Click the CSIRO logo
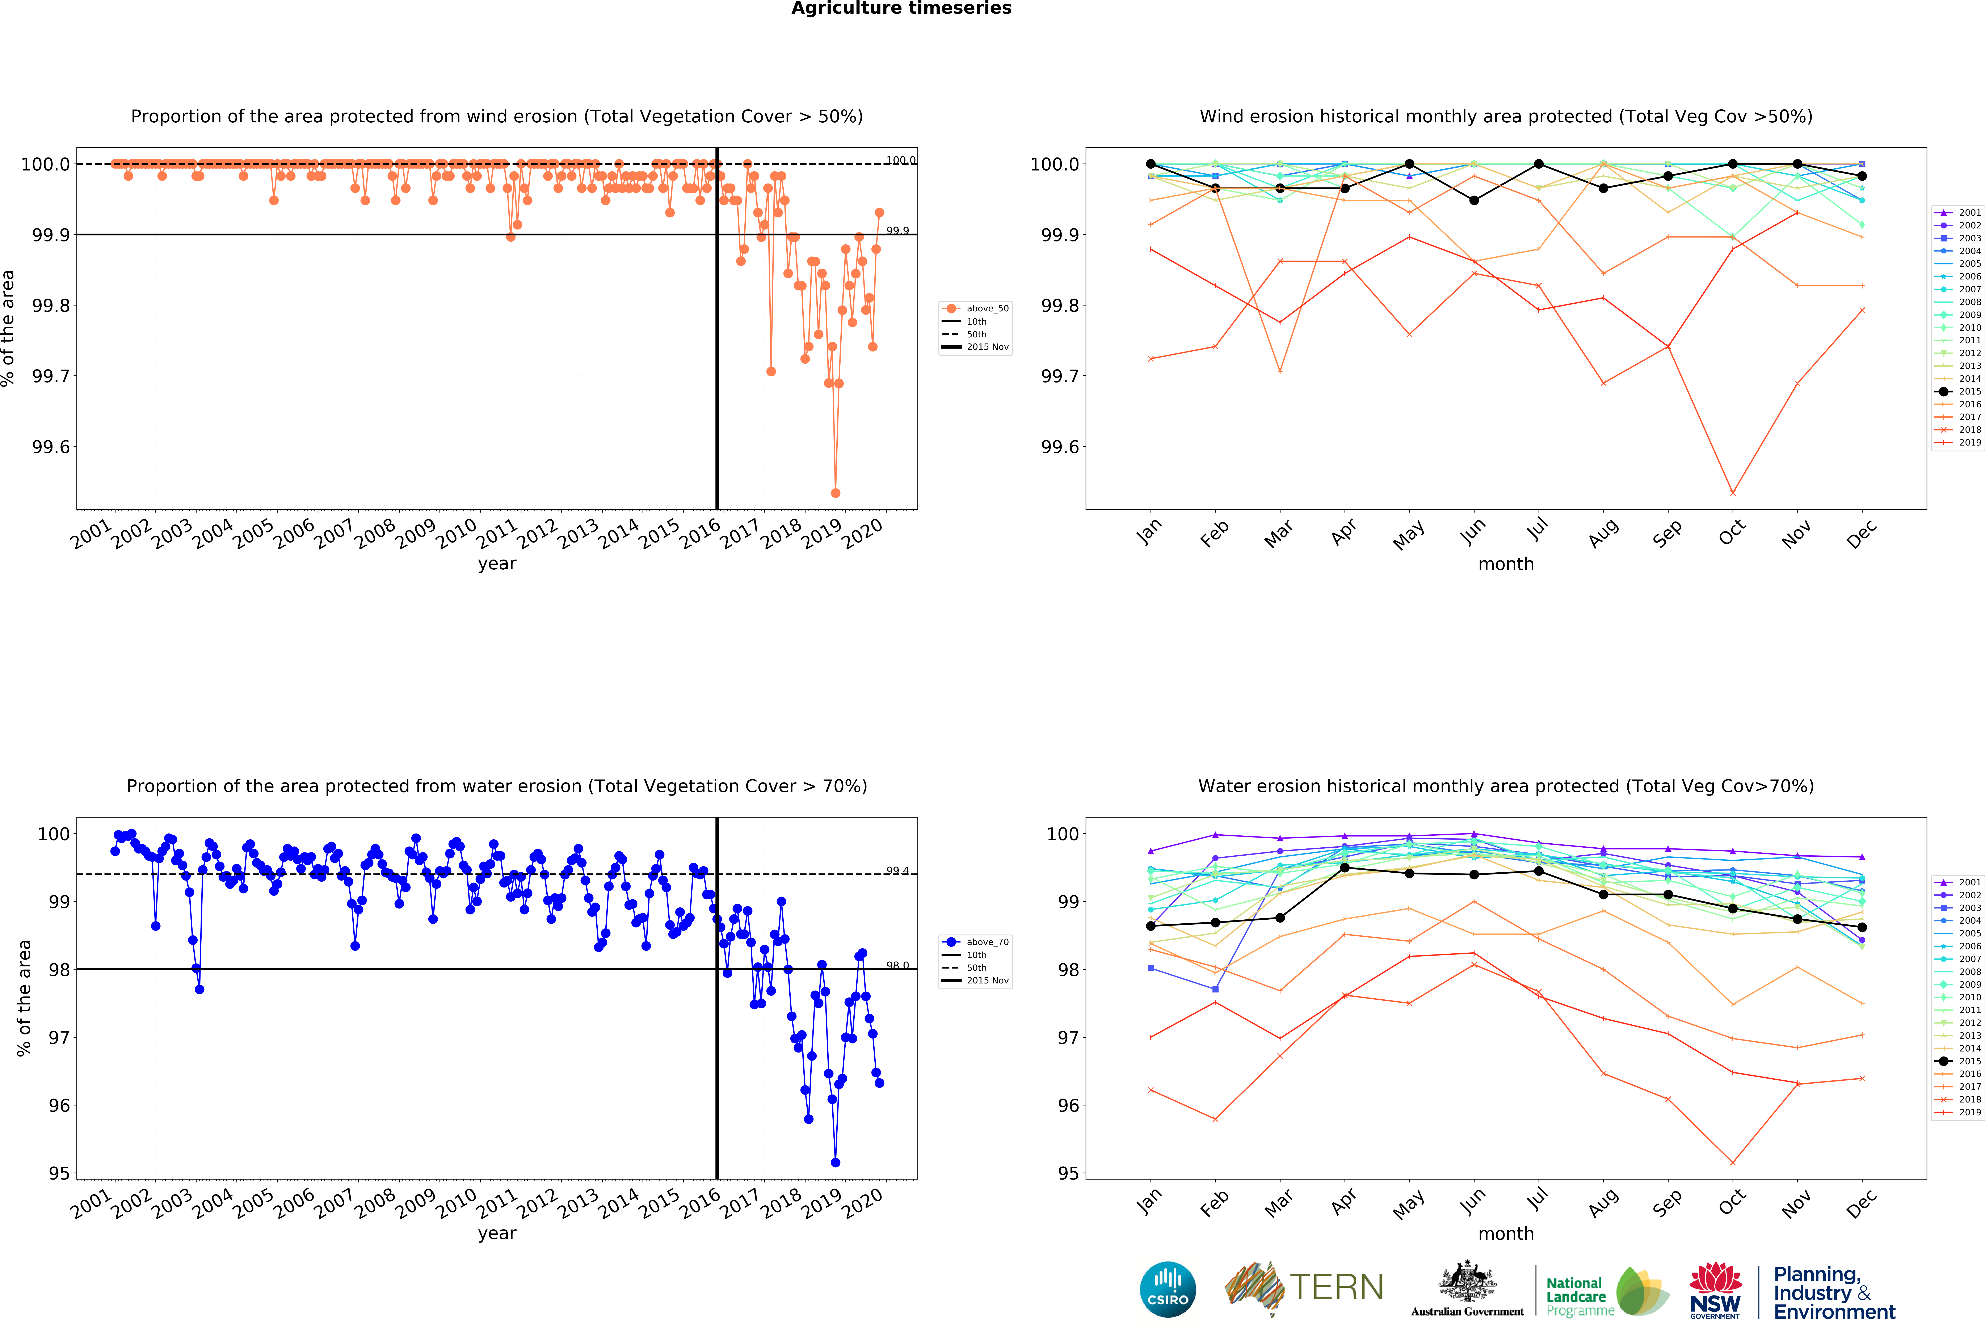(x=1168, y=1289)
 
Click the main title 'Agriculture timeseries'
(x=901, y=9)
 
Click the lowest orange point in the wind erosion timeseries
(x=835, y=493)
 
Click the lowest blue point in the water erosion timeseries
(x=835, y=1163)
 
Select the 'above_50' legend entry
(x=987, y=308)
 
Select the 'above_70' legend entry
(x=987, y=942)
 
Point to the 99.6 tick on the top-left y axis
(x=51, y=447)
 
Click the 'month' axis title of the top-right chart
(x=1506, y=564)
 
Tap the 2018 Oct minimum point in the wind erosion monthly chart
(x=1732, y=493)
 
